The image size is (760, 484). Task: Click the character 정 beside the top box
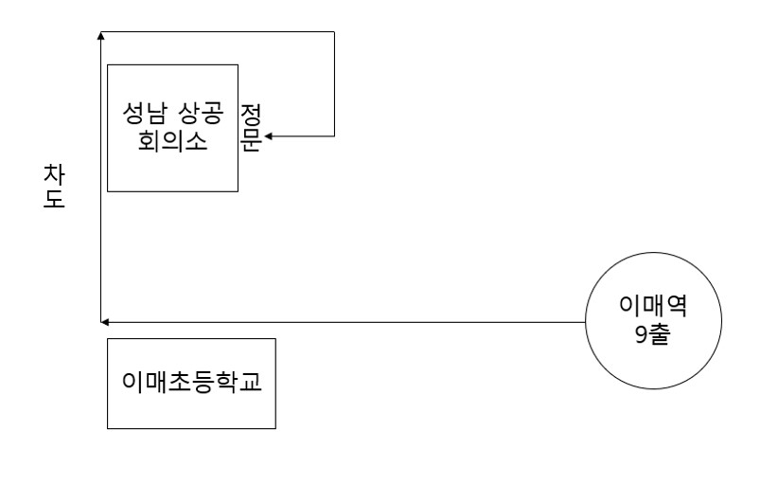pos(252,115)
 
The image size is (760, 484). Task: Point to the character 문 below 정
pos(252,138)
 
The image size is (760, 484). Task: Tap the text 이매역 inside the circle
pos(652,309)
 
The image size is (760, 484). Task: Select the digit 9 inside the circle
pos(641,334)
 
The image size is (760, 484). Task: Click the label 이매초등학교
pos(191,384)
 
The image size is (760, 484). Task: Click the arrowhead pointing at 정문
pos(268,135)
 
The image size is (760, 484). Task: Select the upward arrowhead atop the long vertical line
pos(100,36)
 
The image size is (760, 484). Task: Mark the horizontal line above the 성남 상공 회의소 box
pos(218,32)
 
